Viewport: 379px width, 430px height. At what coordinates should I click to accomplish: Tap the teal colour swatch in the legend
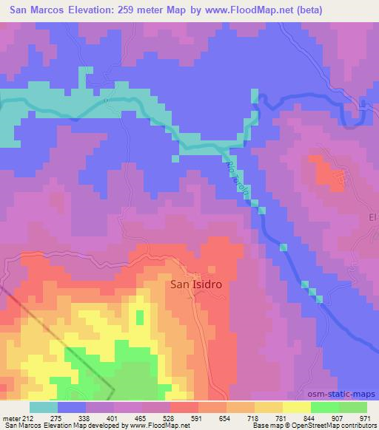[x=44, y=406]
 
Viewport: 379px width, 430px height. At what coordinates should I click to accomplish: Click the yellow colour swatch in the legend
[x=296, y=406]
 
